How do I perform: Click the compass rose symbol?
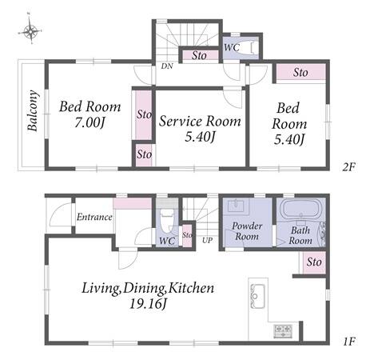pyautogui.click(x=30, y=31)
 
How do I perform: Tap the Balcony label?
pyautogui.click(x=33, y=110)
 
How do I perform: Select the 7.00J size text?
pyautogui.click(x=90, y=122)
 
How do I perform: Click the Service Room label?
pyautogui.click(x=200, y=121)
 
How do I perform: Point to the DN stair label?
pyautogui.click(x=167, y=66)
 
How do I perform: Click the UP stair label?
pyautogui.click(x=207, y=240)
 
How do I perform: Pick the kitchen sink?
pyautogui.click(x=257, y=296)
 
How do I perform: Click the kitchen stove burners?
pyautogui.click(x=283, y=331)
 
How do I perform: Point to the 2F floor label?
pyautogui.click(x=349, y=167)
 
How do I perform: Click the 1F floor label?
pyautogui.click(x=349, y=342)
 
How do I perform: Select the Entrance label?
pyautogui.click(x=94, y=217)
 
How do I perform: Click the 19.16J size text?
pyautogui.click(x=148, y=303)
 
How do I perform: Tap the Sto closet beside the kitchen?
pyautogui.click(x=314, y=262)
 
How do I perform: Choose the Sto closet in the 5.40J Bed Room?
pyautogui.click(x=300, y=72)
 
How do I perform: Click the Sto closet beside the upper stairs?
pyautogui.click(x=199, y=55)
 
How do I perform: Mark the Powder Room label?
pyautogui.click(x=247, y=231)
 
